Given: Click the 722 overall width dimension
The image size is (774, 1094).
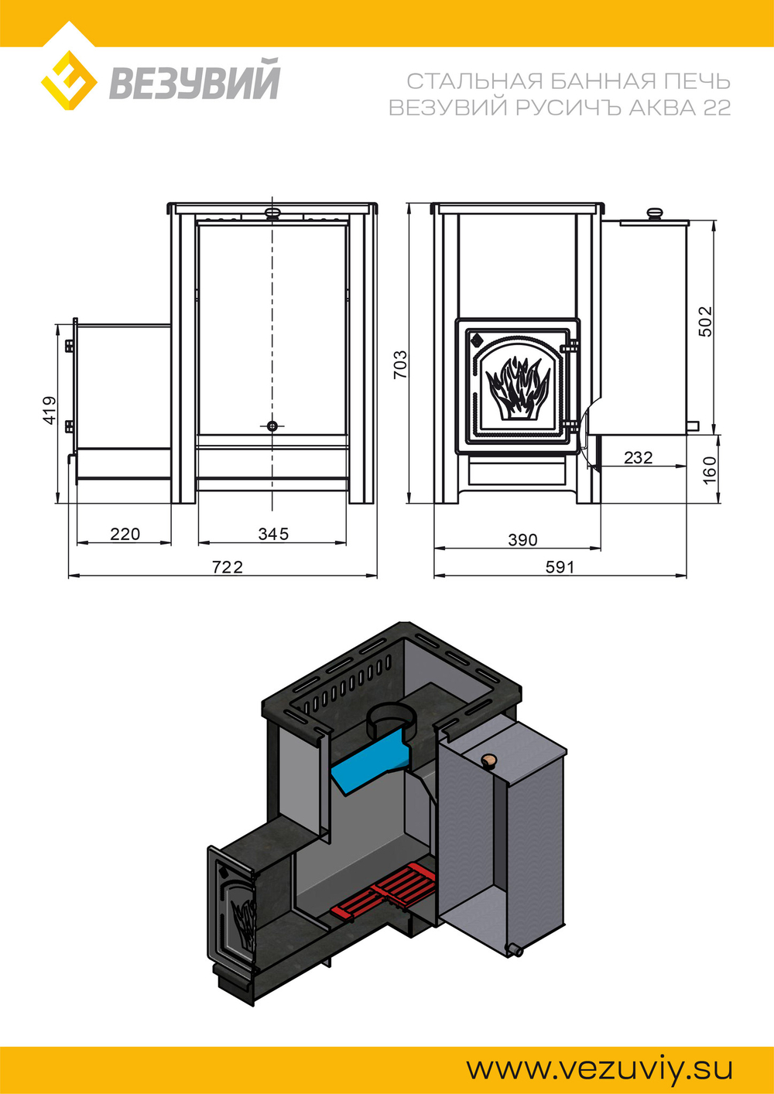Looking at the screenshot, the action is pos(228,567).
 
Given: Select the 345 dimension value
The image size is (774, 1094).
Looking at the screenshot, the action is pos(273,534).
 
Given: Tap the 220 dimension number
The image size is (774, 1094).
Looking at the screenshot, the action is pos(125,534).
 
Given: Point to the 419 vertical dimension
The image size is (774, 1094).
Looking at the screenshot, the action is pos(50,410).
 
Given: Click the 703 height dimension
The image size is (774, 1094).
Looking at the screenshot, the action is pos(400,364).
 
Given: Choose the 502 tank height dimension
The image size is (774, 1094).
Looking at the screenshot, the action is pos(706,321).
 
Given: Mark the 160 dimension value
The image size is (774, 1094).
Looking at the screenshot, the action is pos(709,470).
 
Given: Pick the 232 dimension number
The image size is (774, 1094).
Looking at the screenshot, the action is pos(638,457).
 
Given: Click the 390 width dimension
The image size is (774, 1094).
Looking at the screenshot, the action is pos(522,540).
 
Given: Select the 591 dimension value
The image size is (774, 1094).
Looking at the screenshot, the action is pos(560,567).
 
